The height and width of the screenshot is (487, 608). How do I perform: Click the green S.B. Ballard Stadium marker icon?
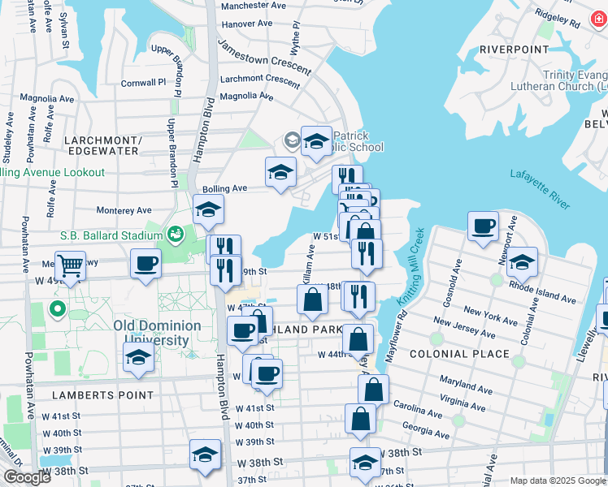(173, 235)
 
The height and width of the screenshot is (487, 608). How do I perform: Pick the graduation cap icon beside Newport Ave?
(522, 261)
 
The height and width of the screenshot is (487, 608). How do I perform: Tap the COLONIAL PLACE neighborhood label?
(460, 354)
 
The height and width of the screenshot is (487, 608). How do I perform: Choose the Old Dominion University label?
(157, 332)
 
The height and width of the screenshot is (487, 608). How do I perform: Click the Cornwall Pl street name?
(143, 83)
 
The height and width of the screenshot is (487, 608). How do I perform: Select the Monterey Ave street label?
(124, 210)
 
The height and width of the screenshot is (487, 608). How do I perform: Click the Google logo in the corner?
(27, 477)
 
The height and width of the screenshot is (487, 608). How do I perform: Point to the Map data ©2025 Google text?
(557, 481)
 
